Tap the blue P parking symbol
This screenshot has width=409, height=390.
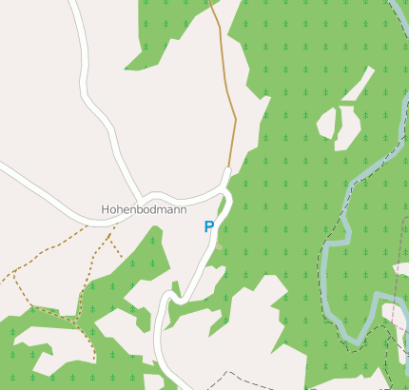coord(208,226)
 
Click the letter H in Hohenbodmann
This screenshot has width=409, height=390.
coord(106,208)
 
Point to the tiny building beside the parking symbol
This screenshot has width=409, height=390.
coord(219,246)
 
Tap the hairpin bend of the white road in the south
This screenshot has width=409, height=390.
coord(164,302)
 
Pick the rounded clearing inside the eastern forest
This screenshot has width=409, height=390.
coord(328,124)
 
